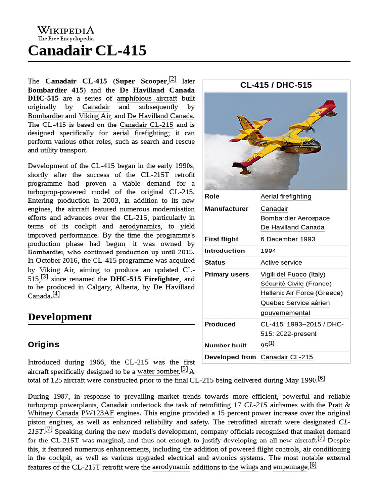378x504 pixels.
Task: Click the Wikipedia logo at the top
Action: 65,33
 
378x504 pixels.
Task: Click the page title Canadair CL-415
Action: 87,50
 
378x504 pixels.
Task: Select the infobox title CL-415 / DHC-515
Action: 276,85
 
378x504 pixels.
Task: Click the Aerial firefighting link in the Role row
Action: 285,196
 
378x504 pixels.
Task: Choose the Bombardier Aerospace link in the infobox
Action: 295,218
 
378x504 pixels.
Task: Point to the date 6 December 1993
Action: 288,239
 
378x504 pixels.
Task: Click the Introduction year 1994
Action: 268,251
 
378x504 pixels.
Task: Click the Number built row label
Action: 225,346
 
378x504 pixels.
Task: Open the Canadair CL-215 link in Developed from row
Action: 286,357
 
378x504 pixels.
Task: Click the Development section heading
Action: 60,317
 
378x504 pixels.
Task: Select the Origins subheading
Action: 43,344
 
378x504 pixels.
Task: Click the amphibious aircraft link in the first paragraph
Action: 147,98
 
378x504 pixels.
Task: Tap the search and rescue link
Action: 167,142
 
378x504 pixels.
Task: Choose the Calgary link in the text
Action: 98,287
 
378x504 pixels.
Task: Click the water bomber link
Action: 158,372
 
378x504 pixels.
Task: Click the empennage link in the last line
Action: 290,467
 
